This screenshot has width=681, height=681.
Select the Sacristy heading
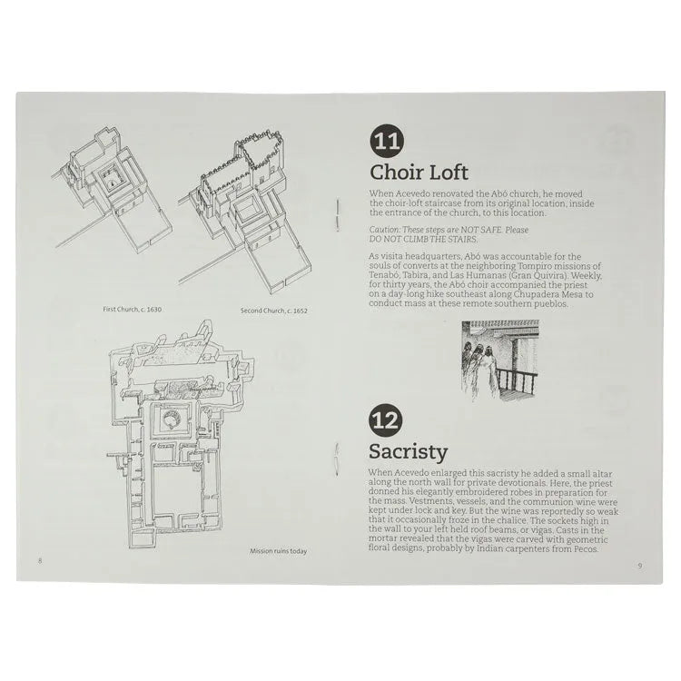coord(408,452)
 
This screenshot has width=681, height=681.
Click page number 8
coord(40,561)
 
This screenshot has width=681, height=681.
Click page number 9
coord(639,565)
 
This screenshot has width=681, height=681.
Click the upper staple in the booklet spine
coord(337,218)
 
